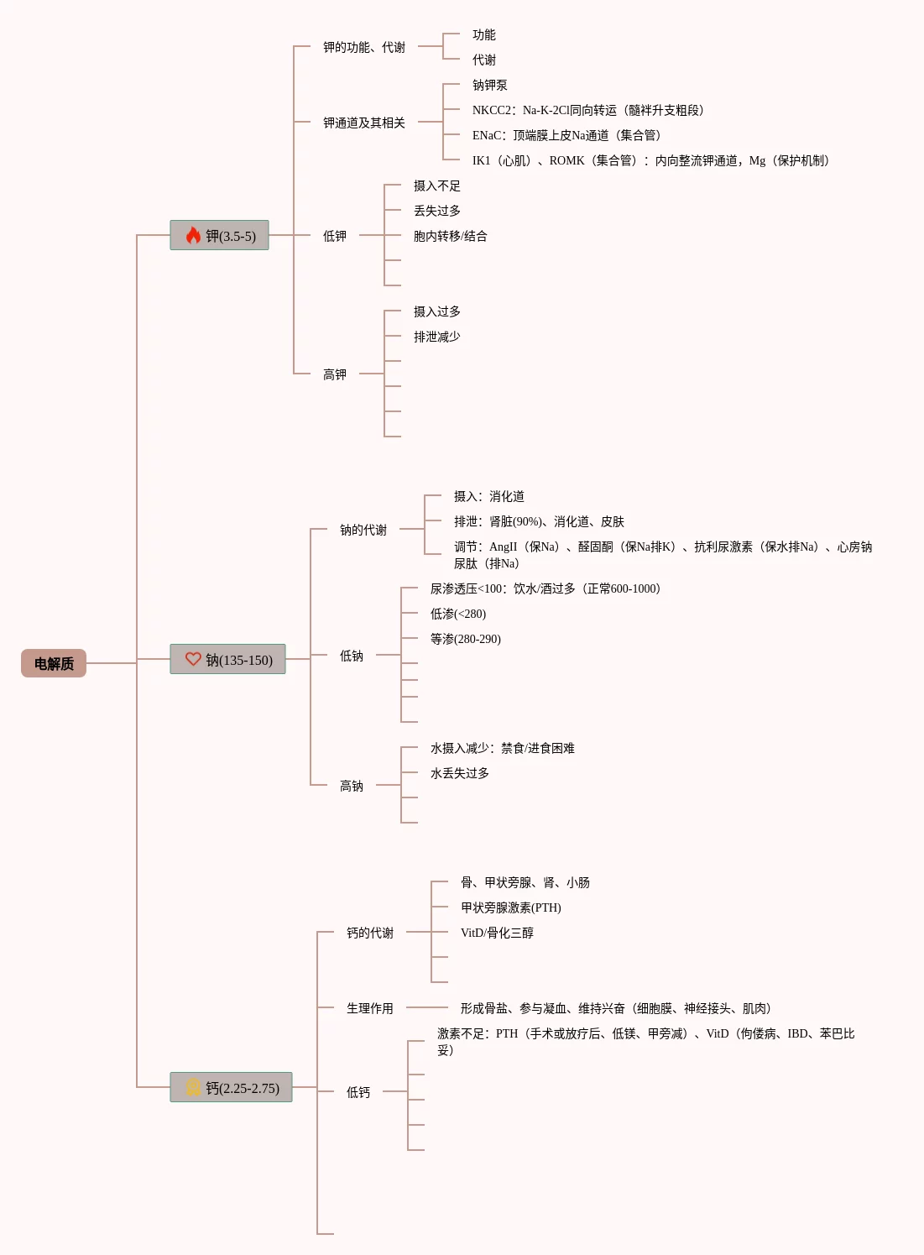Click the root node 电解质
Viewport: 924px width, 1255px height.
(54, 663)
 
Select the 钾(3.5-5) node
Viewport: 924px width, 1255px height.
(220, 236)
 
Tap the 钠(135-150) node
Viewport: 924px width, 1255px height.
(228, 660)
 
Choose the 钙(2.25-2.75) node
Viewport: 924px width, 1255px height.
(232, 1088)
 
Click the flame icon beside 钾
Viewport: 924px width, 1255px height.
(193, 235)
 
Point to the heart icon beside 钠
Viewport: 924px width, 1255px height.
(193, 659)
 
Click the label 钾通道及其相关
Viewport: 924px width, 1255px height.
(363, 123)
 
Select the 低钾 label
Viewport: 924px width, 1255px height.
(334, 236)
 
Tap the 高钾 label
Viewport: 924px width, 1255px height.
(334, 374)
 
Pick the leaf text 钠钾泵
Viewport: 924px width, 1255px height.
(489, 85)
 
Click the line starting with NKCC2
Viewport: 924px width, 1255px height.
(587, 110)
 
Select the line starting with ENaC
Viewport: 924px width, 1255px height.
(566, 135)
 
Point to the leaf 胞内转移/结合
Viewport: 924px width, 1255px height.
(450, 236)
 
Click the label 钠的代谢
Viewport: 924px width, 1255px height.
(363, 530)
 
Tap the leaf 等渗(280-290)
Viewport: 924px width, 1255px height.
(465, 639)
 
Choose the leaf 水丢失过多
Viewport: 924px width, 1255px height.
(459, 773)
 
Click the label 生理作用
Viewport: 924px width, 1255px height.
(369, 1008)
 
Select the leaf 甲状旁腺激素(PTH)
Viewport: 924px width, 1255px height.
(510, 907)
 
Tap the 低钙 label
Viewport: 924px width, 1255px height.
(358, 1092)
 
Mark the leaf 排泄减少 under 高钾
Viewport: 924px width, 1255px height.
(436, 337)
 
